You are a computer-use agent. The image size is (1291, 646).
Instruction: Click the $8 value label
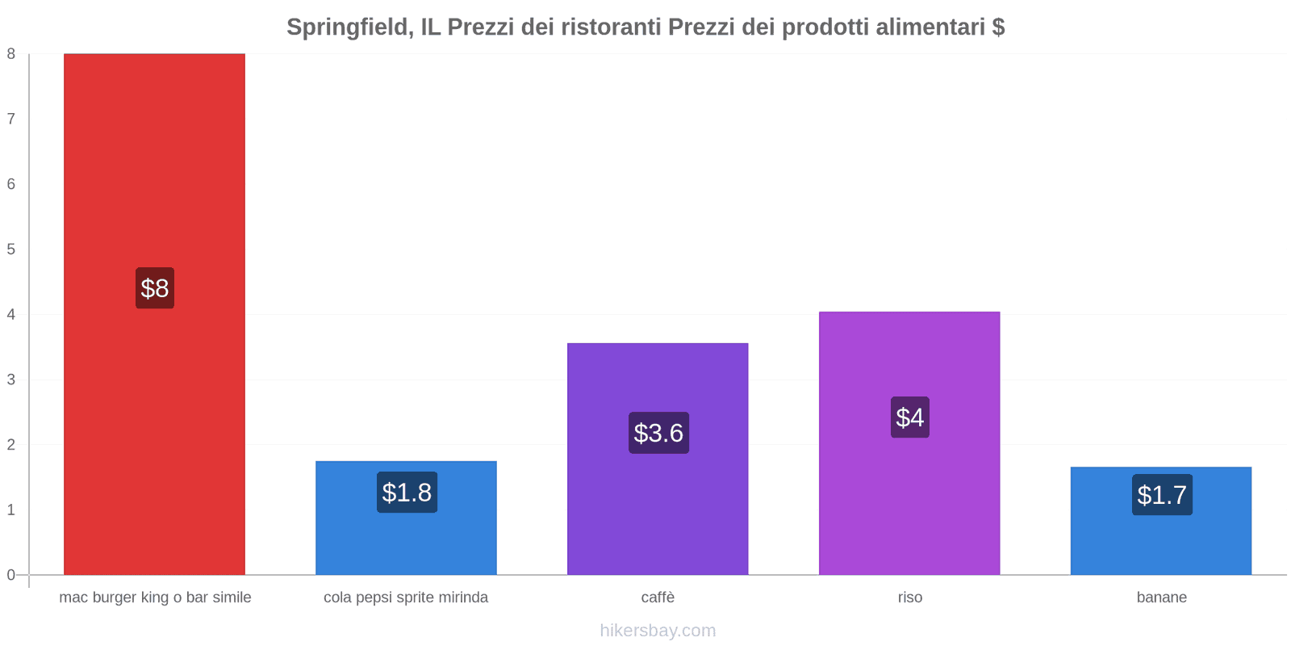[x=155, y=288]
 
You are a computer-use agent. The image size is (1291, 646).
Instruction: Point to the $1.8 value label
[x=407, y=493]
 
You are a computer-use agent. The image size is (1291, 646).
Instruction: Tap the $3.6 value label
[x=658, y=433]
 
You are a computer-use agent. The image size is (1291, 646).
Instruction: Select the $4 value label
[x=910, y=417]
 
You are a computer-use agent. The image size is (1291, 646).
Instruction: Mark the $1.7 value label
[x=1162, y=495]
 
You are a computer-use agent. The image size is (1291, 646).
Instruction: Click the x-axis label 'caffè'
[x=658, y=598]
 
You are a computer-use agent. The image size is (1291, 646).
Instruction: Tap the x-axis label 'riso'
[x=910, y=598]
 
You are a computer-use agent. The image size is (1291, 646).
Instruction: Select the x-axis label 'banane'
[x=1162, y=598]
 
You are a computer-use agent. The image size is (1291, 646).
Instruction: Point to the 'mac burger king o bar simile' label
[x=155, y=598]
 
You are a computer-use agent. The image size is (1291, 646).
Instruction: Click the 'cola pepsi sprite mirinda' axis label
[x=406, y=598]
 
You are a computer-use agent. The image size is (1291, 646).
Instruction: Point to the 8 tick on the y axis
[x=11, y=54]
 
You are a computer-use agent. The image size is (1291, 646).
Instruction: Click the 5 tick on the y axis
[x=11, y=250]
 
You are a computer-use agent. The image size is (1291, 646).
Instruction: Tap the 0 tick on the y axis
[x=11, y=575]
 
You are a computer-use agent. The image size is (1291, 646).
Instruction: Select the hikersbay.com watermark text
[x=658, y=631]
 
